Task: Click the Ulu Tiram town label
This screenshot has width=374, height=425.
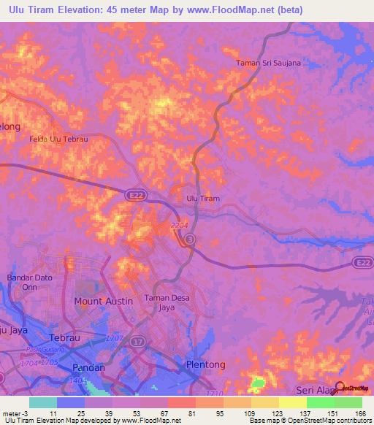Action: tap(202, 199)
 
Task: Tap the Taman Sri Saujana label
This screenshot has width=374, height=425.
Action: tap(268, 64)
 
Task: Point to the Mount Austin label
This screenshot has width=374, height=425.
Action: tap(103, 301)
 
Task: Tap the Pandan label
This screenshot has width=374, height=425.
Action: tap(87, 368)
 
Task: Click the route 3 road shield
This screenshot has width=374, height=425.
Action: tap(190, 240)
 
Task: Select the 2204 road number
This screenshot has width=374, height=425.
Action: tap(179, 226)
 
